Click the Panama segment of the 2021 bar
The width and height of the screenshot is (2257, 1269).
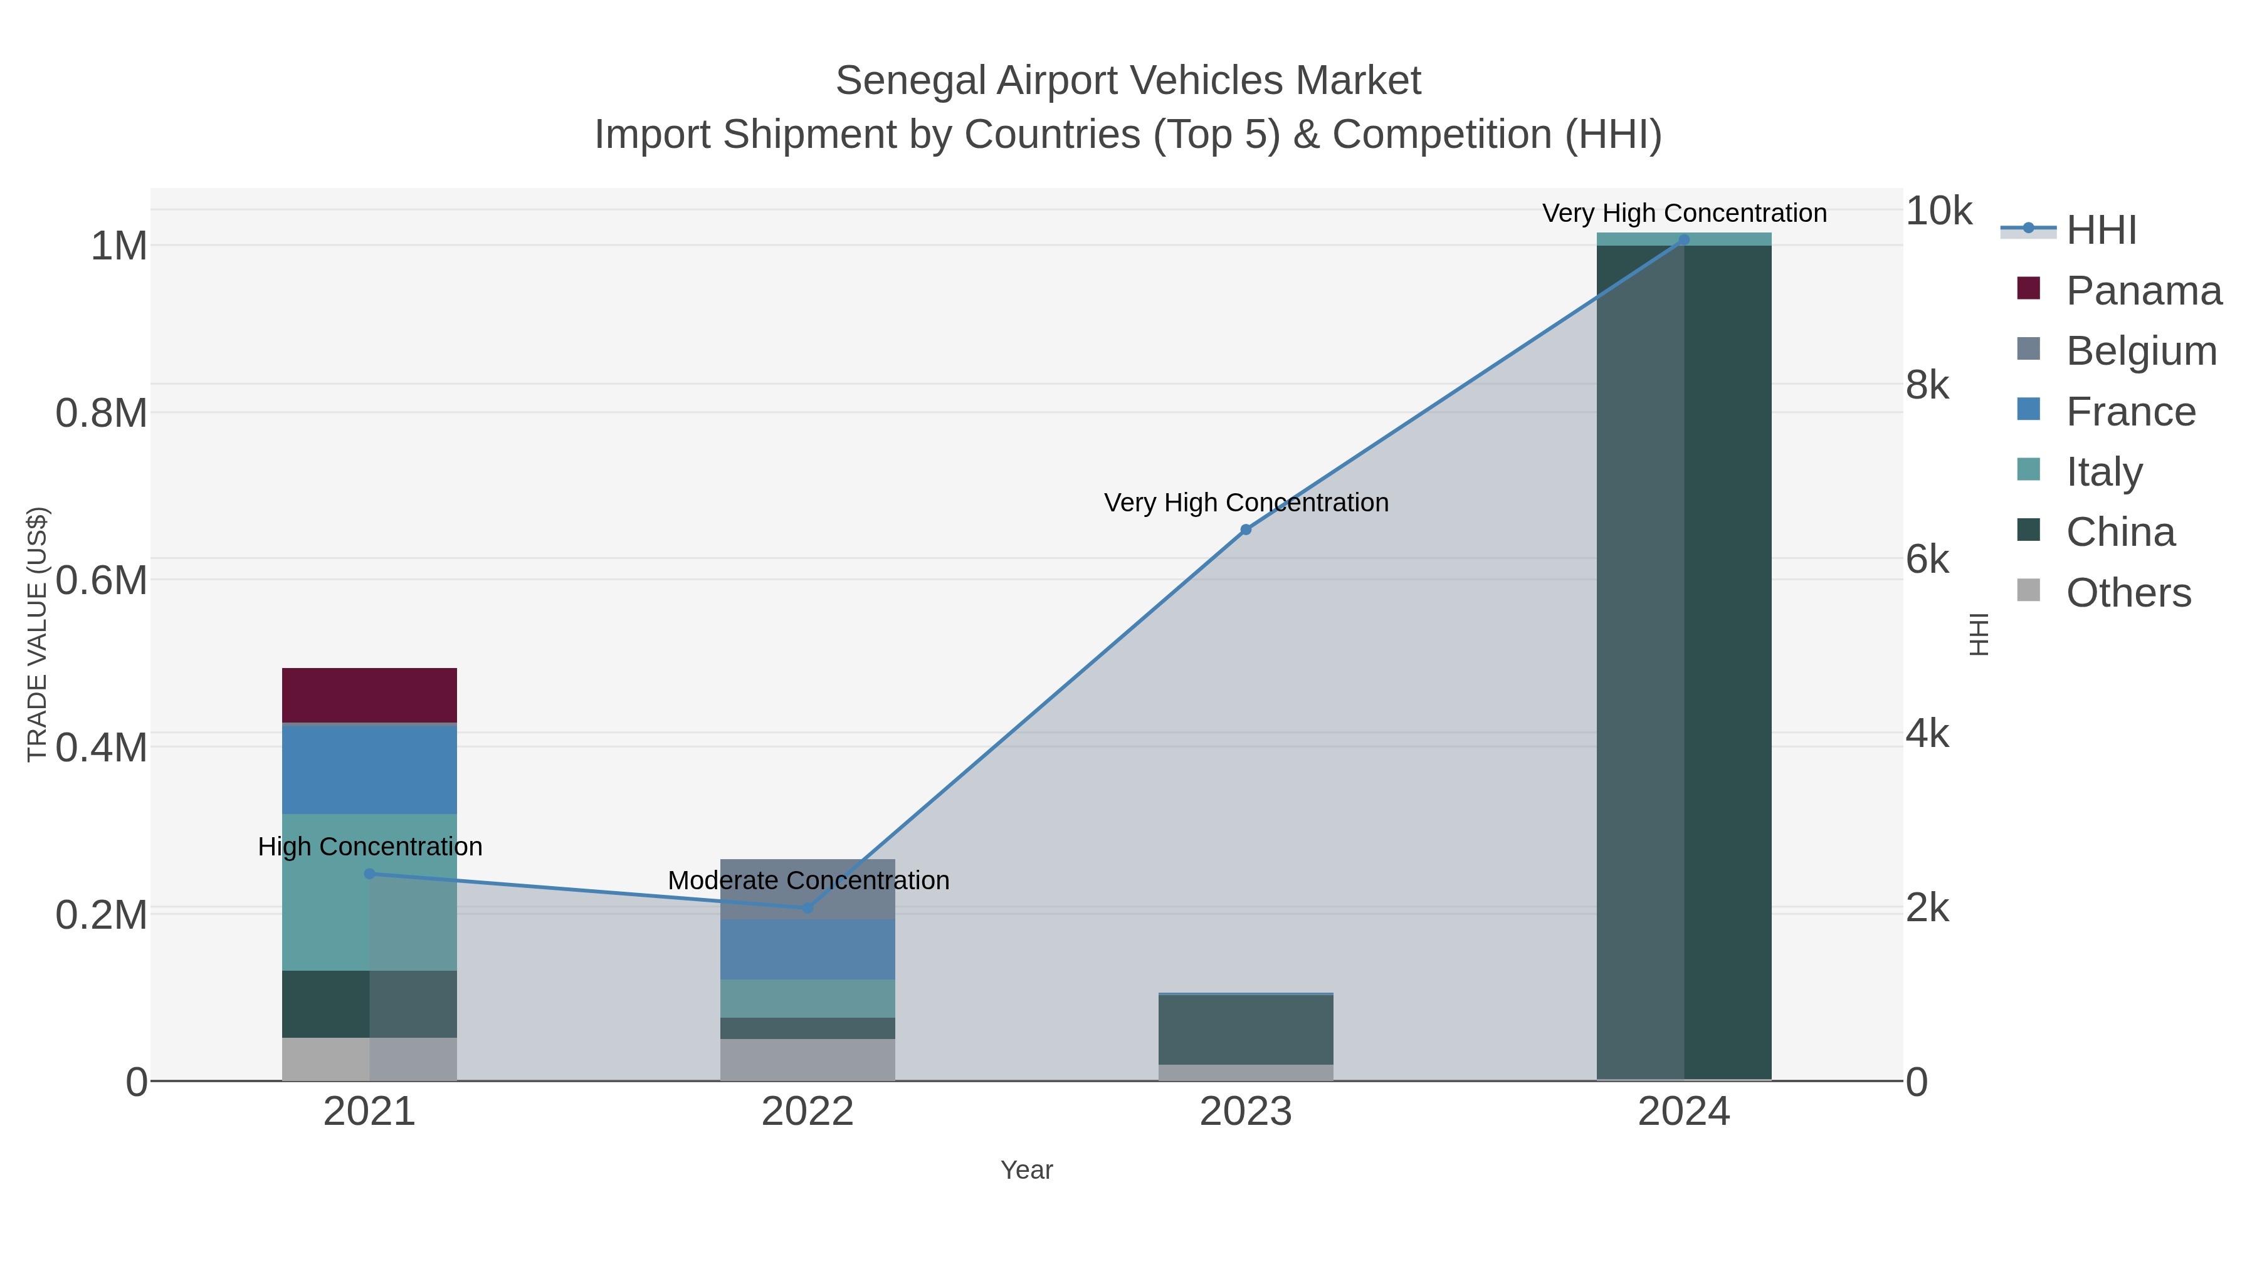click(369, 696)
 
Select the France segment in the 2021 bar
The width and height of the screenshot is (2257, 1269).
click(369, 769)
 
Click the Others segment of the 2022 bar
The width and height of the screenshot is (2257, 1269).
click(807, 1060)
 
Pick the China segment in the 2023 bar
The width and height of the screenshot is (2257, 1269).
click(1245, 1030)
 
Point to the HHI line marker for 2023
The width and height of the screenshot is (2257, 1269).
click(1245, 530)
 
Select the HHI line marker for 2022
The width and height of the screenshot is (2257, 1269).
click(807, 908)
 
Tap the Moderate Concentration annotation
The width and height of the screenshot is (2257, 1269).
click(808, 881)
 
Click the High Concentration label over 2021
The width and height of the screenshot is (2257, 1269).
click(370, 847)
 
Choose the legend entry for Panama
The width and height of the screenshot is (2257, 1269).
click(2143, 291)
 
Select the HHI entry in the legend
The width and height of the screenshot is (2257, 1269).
click(2101, 231)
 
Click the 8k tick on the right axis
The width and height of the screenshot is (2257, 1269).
click(1928, 385)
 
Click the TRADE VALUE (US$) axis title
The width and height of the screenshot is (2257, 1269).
click(37, 634)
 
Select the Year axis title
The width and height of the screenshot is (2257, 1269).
click(1026, 1170)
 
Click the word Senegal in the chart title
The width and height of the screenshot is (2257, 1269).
click(910, 81)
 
